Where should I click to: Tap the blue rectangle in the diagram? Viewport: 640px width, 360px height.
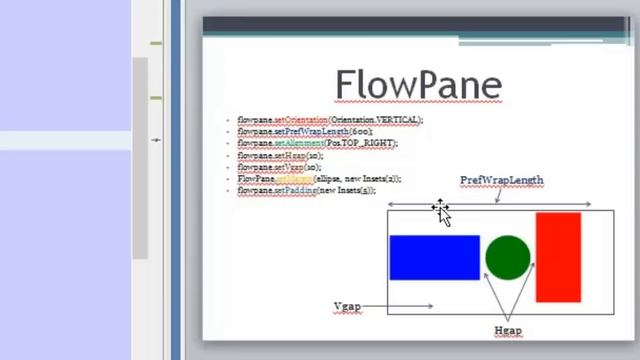434,257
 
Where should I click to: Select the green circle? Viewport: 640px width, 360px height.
507,257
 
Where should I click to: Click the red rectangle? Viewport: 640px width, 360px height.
558,256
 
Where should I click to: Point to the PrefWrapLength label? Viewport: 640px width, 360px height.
501,180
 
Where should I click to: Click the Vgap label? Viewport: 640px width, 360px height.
347,306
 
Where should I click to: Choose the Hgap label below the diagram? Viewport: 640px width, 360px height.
508,330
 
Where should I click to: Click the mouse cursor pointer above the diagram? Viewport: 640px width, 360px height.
441,211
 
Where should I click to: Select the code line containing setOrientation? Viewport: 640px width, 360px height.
330,120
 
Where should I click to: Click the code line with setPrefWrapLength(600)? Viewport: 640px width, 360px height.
305,132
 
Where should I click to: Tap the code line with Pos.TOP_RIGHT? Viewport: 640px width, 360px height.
317,143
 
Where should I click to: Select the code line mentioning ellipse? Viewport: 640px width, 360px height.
319,178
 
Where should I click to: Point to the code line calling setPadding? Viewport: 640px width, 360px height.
306,189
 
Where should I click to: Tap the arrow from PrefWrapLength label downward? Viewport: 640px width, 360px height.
497,195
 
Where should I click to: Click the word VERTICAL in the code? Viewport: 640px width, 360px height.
395,120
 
